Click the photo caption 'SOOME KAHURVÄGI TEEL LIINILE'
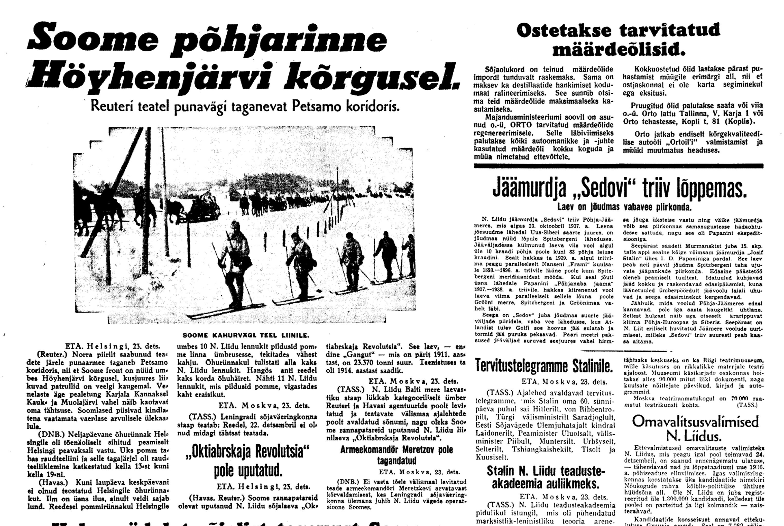(x=246, y=335)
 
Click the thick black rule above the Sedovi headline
(x=618, y=166)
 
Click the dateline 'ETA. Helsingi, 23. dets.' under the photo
(x=113, y=346)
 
